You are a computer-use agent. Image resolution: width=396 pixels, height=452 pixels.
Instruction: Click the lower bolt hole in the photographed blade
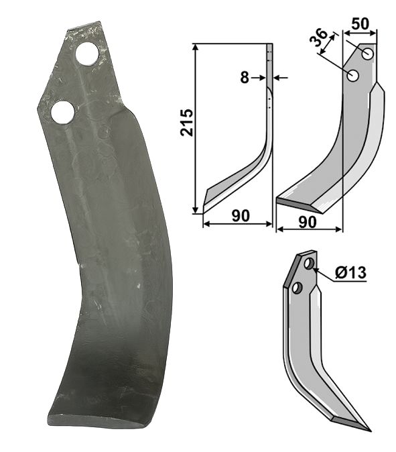(x=62, y=112)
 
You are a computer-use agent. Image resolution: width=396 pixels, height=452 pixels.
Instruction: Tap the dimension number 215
(x=187, y=122)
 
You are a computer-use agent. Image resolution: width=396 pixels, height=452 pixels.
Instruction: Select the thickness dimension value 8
(x=245, y=78)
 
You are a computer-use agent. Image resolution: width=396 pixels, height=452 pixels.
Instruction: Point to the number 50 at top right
(x=360, y=24)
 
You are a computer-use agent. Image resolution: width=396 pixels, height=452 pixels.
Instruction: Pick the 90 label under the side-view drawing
(x=241, y=216)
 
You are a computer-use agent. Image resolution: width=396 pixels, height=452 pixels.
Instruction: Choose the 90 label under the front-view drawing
(x=308, y=222)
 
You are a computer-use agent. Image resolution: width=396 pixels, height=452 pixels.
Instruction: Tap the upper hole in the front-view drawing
(x=368, y=54)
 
